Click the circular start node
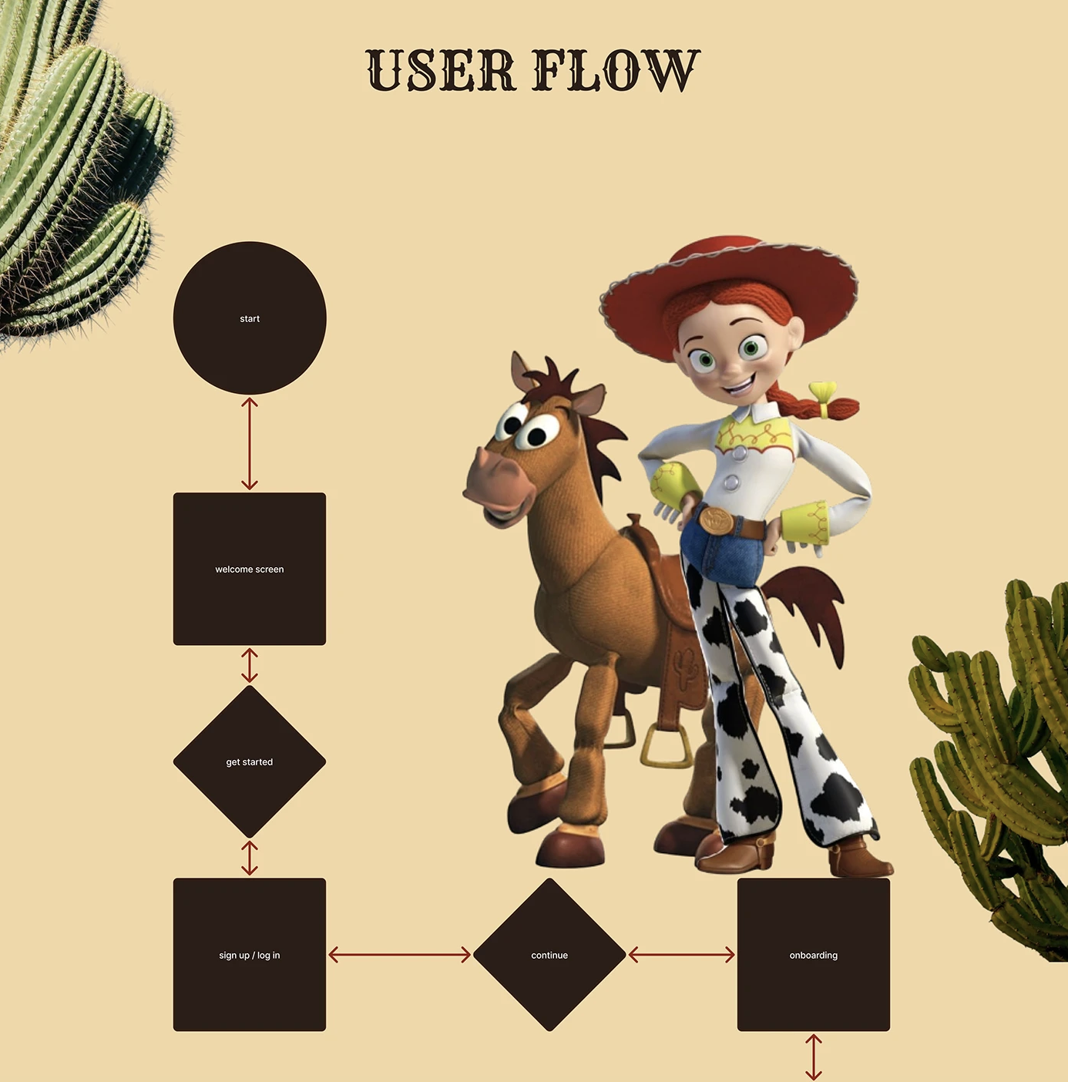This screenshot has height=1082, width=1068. coord(250,318)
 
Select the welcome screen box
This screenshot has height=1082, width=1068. coord(250,569)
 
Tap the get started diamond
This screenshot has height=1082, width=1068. coord(250,761)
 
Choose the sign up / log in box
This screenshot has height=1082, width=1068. coord(250,955)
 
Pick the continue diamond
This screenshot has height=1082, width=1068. coord(549,955)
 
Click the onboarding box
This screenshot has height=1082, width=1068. coord(813,955)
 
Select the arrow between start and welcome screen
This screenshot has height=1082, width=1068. coord(250,444)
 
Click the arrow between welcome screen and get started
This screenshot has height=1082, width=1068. coord(250,665)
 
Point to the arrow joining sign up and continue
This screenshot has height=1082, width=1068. coord(399,955)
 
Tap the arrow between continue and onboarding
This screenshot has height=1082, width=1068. coord(682,955)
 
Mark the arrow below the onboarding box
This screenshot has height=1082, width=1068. coord(813,1057)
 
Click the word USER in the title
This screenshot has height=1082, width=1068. coord(441,70)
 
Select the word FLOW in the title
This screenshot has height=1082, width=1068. coord(616,70)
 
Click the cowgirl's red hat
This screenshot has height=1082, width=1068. coord(730,287)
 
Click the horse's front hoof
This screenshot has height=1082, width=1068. coord(570,848)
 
